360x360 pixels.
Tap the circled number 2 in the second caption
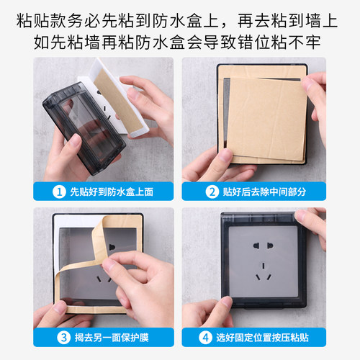pos(212,192)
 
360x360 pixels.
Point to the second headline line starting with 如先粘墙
pos(180,40)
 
